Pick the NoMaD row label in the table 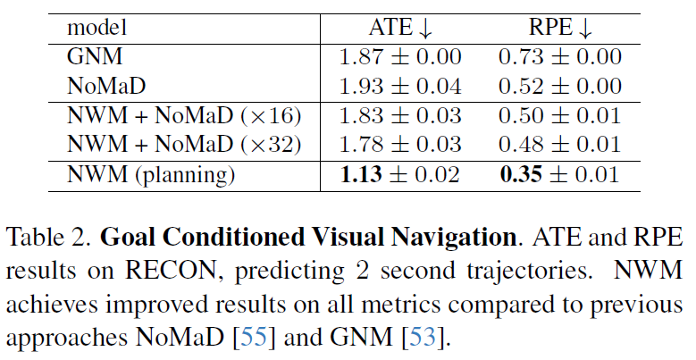tap(105, 87)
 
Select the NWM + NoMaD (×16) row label tap(184, 116)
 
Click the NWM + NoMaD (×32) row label tap(184, 145)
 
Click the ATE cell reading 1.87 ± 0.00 tap(399, 57)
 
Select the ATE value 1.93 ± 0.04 tap(399, 87)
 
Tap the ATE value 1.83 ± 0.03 tap(399, 116)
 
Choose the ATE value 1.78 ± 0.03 tap(399, 145)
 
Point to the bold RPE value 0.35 tap(520, 175)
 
